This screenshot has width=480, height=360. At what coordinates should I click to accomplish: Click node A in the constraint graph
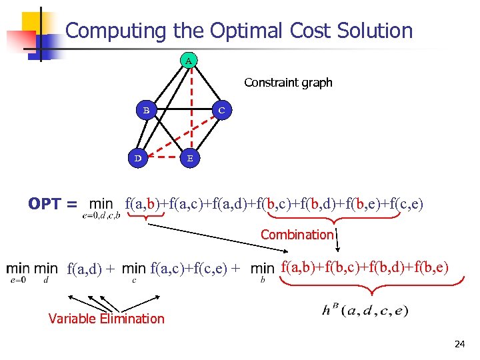pos(189,61)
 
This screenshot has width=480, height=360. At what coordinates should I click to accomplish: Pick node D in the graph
pos(138,159)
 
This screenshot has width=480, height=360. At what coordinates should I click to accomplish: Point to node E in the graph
pos(190,159)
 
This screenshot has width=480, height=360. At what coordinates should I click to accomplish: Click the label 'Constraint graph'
pos(288,83)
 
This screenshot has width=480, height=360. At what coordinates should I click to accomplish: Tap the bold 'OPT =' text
pos(53,204)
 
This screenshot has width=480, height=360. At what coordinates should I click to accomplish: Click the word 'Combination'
pos(297,235)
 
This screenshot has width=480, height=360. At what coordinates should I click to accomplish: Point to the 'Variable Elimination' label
pos(106,319)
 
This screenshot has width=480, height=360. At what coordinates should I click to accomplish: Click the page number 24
pos(459,344)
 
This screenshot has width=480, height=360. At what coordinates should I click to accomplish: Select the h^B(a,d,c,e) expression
pos(365,311)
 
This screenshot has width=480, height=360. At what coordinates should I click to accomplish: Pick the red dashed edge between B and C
pos(184,109)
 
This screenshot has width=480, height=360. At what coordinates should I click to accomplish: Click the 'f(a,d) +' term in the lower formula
pos(91,269)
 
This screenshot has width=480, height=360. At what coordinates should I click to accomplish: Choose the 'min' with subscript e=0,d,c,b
pos(101,204)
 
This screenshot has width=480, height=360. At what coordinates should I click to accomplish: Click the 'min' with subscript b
pos(263,269)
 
